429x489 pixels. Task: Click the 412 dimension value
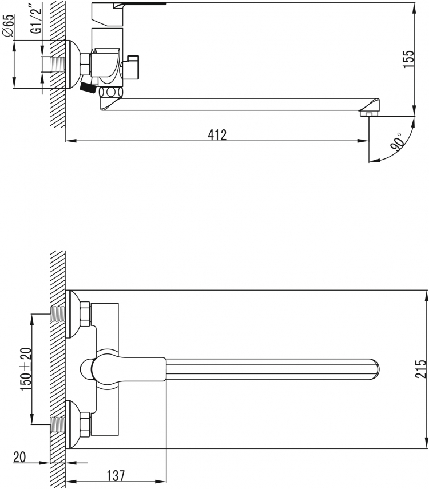[x=217, y=135]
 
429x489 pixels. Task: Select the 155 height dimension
[x=408, y=59]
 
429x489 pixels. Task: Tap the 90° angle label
[x=397, y=142]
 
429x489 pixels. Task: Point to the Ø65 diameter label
[x=9, y=26]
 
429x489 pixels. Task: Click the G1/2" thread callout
[x=37, y=21]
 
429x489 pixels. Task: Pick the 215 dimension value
[x=420, y=369]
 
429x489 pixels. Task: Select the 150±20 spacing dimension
[x=26, y=369]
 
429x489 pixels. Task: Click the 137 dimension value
[x=116, y=476]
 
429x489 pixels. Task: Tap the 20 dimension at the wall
[x=19, y=457]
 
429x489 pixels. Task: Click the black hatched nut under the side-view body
[x=88, y=87]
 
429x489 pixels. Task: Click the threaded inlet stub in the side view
[x=57, y=65]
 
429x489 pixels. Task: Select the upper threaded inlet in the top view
[x=57, y=315]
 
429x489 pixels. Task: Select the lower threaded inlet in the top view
[x=57, y=424]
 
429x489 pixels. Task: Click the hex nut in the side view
[x=85, y=65]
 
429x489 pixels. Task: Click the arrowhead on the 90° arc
[x=374, y=161]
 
